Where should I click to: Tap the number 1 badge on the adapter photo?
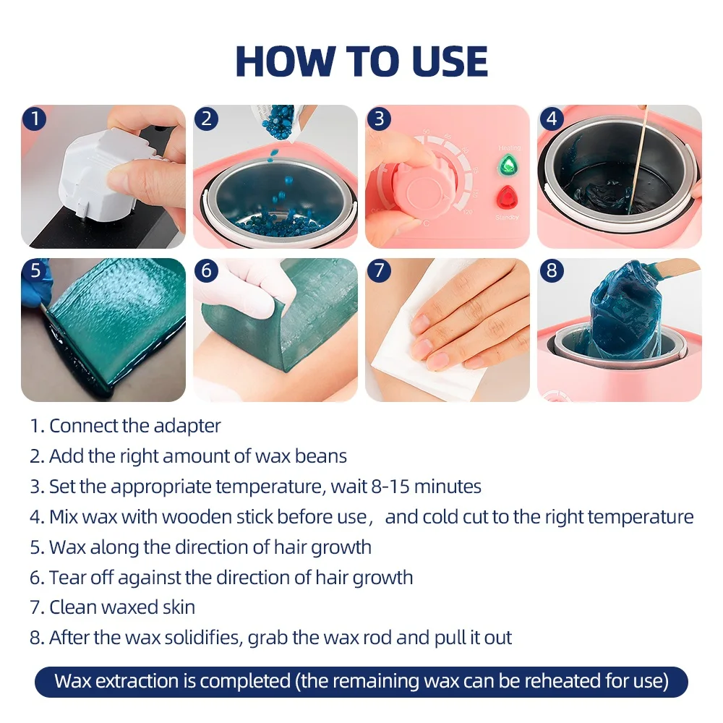[x=34, y=118]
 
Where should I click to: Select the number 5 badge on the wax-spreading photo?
[x=34, y=271]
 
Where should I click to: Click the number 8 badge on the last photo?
[x=552, y=271]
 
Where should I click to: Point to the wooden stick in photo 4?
[x=633, y=159]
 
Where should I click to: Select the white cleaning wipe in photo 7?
[x=419, y=354]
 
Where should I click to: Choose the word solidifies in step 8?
[x=197, y=638]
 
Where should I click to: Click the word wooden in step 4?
[x=191, y=517]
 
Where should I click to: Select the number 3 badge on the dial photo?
[x=379, y=118]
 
